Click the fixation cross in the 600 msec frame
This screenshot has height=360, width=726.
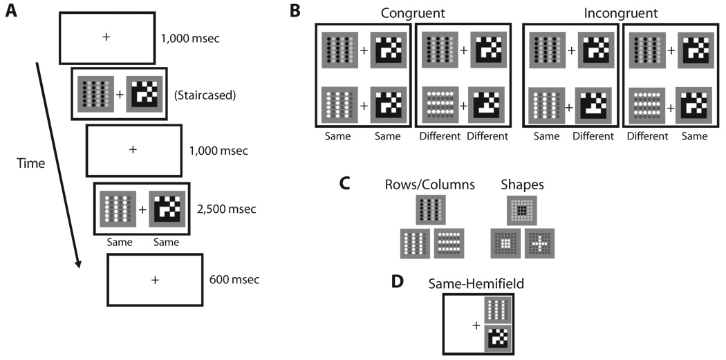point(154,279)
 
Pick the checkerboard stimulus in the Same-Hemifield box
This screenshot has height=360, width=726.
point(497,339)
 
